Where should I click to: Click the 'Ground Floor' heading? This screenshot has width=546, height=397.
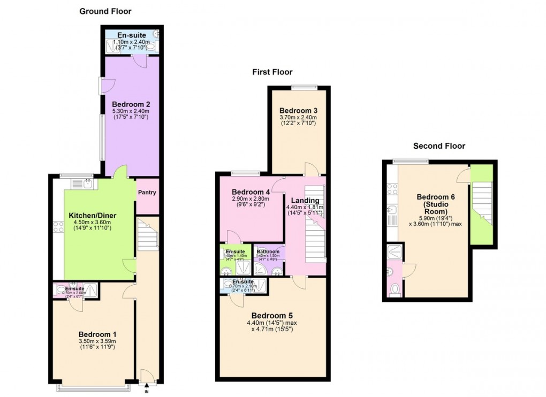click(x=105, y=11)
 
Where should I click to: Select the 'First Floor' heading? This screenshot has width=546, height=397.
click(x=272, y=72)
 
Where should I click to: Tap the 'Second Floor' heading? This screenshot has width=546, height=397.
click(x=439, y=146)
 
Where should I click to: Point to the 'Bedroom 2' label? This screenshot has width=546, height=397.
click(x=131, y=104)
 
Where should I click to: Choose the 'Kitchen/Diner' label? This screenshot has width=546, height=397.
click(x=93, y=216)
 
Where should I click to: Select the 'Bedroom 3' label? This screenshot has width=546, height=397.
click(x=298, y=111)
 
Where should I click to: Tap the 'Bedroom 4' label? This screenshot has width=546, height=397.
click(x=251, y=192)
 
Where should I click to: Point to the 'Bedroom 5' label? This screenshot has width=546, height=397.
click(x=272, y=315)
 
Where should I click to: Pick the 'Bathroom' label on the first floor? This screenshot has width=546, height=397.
click(x=268, y=252)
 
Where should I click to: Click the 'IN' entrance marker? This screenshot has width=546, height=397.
click(x=146, y=392)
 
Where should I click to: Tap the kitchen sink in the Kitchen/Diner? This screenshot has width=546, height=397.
click(x=83, y=184)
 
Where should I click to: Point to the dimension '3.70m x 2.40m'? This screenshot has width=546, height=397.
click(x=298, y=118)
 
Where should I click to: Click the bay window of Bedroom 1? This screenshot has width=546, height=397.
click(x=93, y=387)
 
